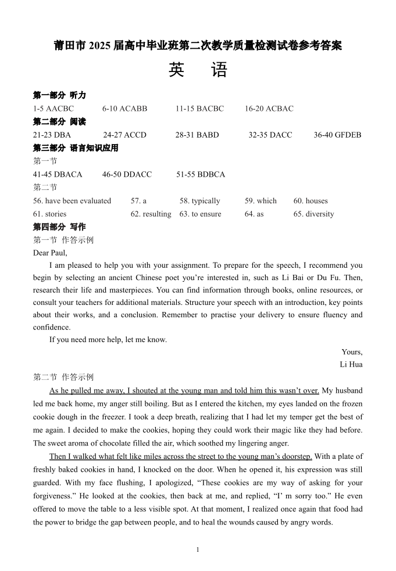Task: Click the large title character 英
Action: [x=177, y=70]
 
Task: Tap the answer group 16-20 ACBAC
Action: [x=269, y=109]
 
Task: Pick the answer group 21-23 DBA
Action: [x=52, y=135]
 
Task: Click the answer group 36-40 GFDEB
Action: [x=337, y=135]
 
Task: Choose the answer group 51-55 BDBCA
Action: [x=201, y=174]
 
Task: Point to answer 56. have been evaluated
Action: [x=72, y=201]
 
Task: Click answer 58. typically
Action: [x=199, y=201]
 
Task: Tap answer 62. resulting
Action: [x=151, y=214]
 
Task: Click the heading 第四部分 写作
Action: [x=59, y=227]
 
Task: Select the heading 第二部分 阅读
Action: [x=59, y=121]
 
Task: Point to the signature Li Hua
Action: [x=351, y=364]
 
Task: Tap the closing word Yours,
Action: [x=352, y=352]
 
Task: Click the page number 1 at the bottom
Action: [x=198, y=550]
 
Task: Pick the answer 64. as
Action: [x=254, y=214]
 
